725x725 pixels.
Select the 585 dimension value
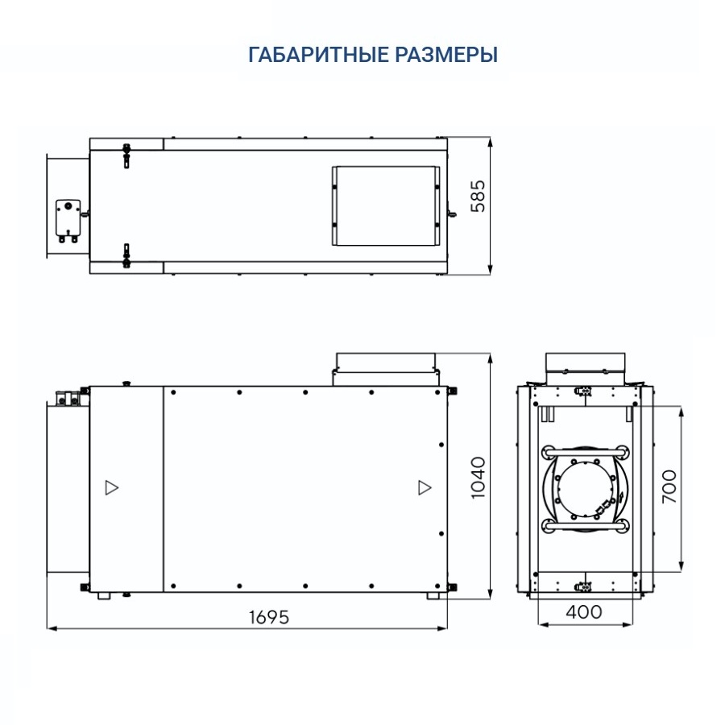coord(478,196)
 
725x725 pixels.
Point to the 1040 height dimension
coord(478,478)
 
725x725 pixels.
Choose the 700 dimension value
coord(669,487)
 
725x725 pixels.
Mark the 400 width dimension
coord(583,611)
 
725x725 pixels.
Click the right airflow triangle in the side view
coord(424,487)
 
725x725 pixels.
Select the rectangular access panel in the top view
coord(387,206)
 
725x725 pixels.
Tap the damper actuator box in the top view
coord(66,218)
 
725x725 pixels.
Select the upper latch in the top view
coord(126,155)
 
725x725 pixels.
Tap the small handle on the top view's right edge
coord(452,214)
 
